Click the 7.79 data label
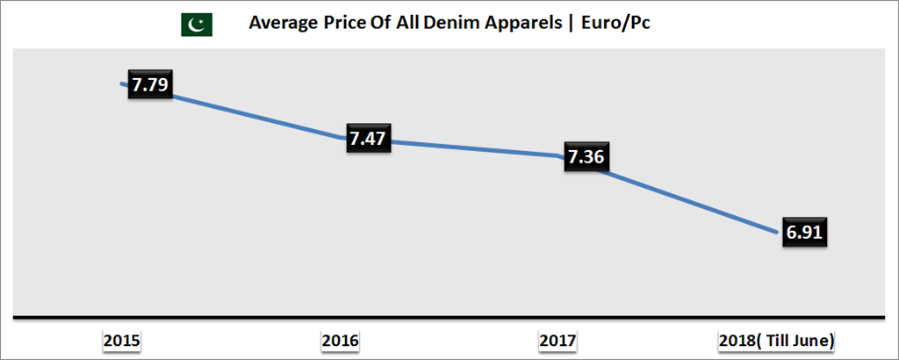coord(150,86)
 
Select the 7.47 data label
coord(369,138)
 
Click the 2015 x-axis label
coord(122,340)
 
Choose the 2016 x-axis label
coord(341,340)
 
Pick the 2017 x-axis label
coord(558,340)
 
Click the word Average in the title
coord(281,24)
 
